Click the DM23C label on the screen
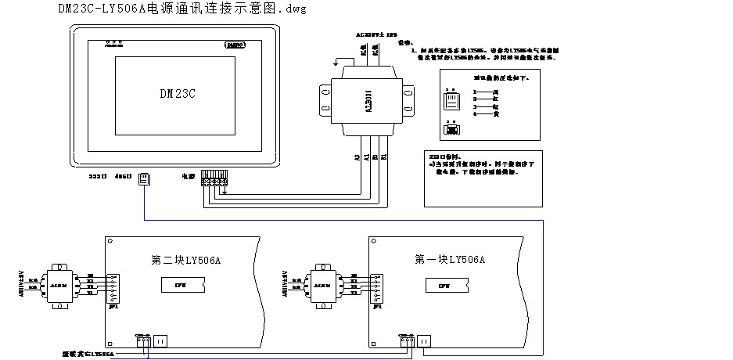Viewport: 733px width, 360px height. [x=177, y=93]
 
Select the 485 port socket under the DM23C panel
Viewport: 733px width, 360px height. [x=144, y=179]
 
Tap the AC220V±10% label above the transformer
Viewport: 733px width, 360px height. [x=372, y=35]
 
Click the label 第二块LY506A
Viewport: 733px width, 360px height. [x=186, y=259]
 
